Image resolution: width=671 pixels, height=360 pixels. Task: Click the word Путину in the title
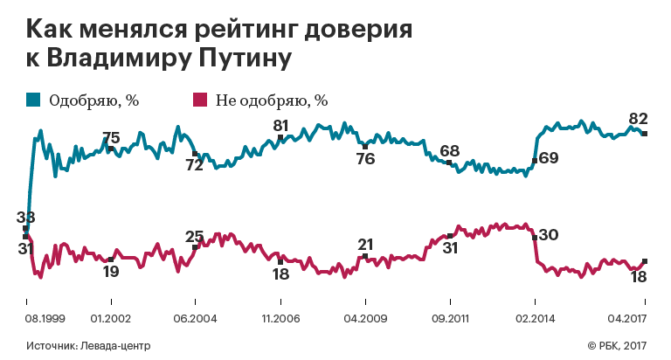[235, 60]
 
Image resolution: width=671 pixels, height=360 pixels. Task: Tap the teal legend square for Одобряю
[32, 100]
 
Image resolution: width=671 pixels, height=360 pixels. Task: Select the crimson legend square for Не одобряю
[199, 100]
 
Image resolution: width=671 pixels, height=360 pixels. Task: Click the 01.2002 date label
[111, 318]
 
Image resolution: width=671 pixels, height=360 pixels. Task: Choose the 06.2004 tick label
[195, 318]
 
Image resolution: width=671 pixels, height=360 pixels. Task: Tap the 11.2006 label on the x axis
[280, 318]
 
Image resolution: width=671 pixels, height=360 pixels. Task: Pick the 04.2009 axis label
[363, 318]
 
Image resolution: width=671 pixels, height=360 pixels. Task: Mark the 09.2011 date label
[448, 318]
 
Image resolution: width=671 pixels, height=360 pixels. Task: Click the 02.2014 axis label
[533, 318]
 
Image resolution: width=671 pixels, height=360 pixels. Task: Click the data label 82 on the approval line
[638, 119]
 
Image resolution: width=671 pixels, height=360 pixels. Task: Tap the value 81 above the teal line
[280, 124]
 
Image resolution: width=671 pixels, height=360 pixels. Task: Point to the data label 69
[549, 158]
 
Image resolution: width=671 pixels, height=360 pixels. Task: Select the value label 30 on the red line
[549, 235]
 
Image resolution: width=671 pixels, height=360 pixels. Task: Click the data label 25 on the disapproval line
[195, 235]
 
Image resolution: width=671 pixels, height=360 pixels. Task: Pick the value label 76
[365, 158]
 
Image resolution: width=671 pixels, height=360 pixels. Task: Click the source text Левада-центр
[102, 345]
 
